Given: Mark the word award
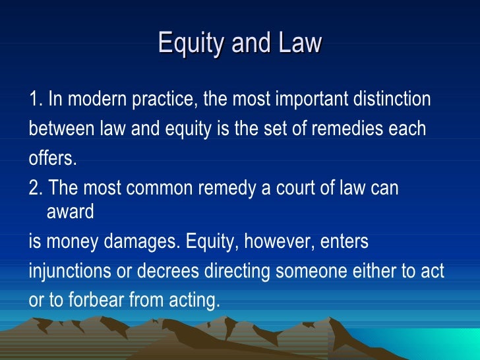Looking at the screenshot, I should tap(71, 212).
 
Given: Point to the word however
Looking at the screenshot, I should tap(280, 243).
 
